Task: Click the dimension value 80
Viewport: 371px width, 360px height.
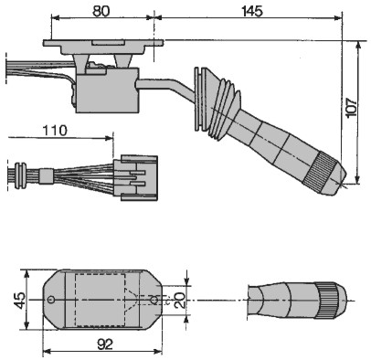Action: [101, 11]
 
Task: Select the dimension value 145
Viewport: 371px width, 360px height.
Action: [252, 12]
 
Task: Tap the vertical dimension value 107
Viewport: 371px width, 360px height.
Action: [351, 107]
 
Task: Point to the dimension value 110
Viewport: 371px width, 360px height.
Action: [55, 131]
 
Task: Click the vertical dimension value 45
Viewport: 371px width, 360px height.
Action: [20, 301]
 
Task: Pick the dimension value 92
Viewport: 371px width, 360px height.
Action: [105, 344]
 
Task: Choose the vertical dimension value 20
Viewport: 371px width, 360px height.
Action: [180, 300]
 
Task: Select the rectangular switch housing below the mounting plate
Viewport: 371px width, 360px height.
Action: [107, 90]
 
